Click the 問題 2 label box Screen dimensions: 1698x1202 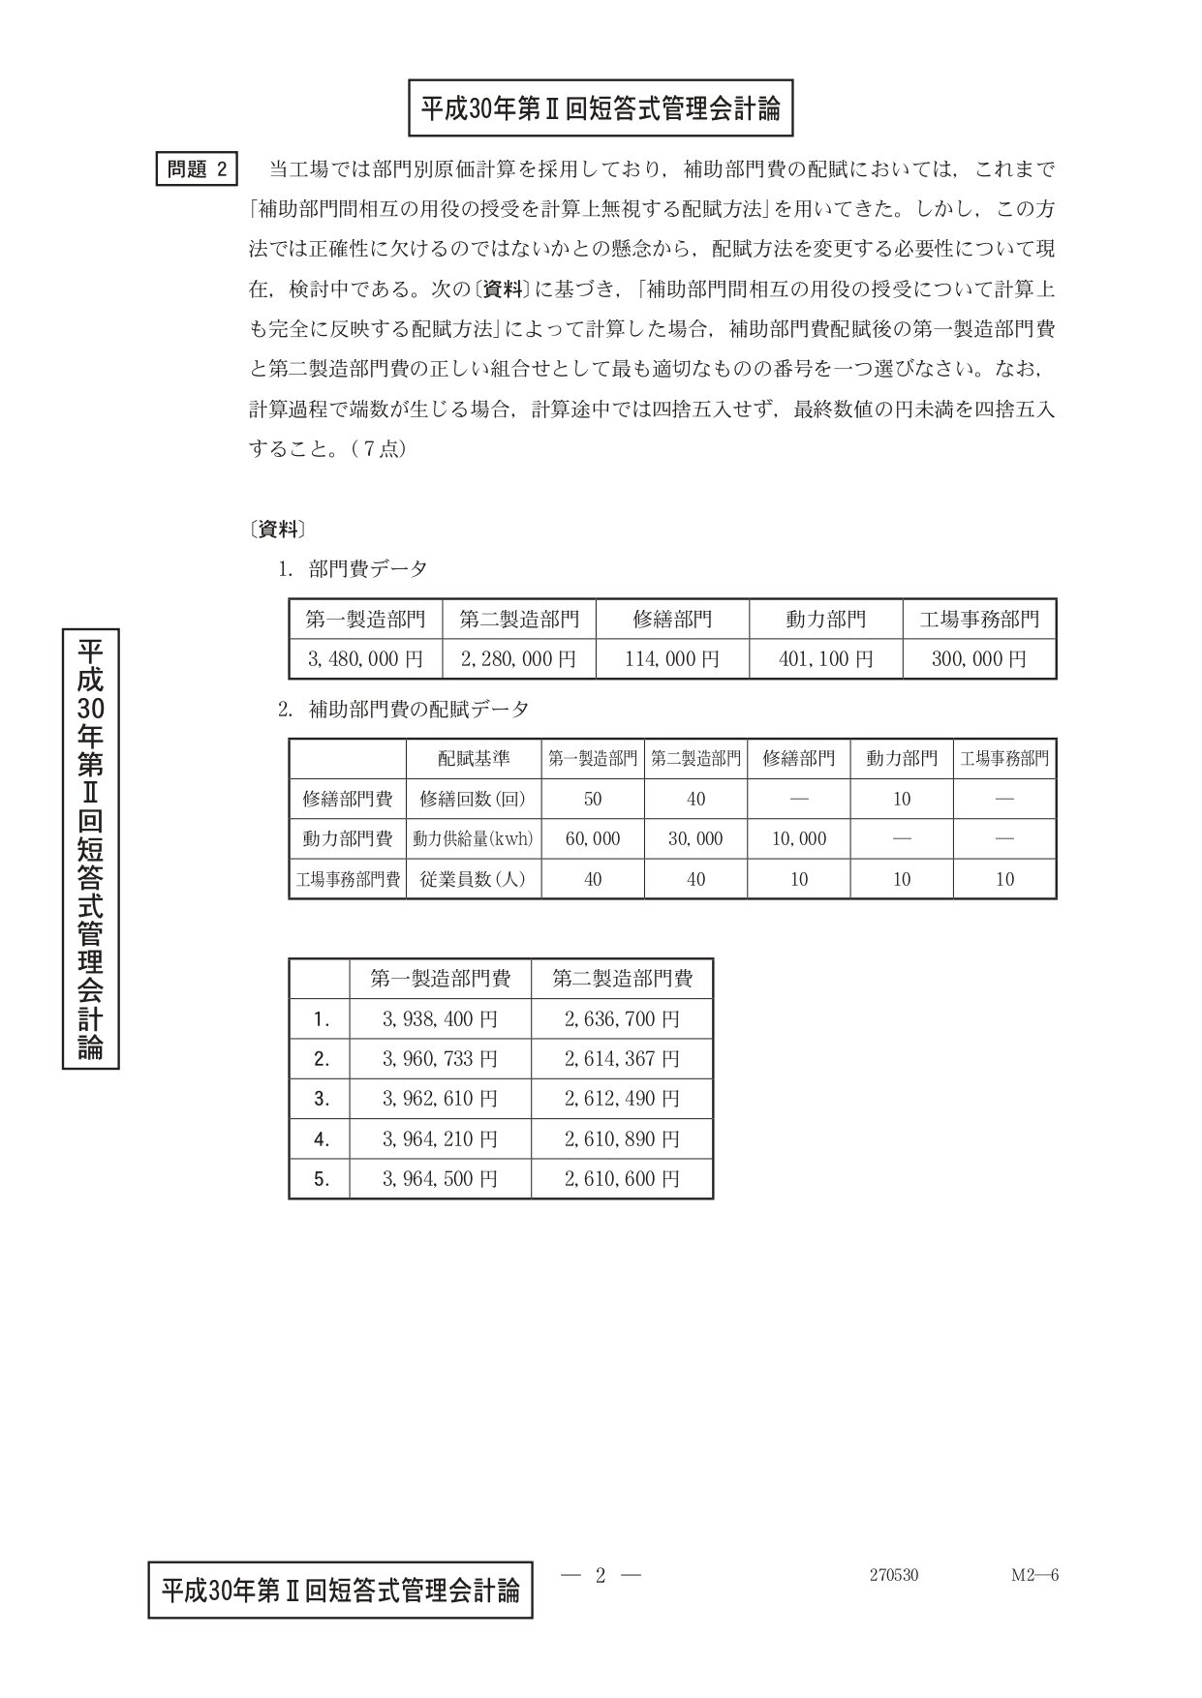point(198,169)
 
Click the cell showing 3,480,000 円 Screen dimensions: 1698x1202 point(365,659)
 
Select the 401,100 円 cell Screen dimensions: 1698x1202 point(825,659)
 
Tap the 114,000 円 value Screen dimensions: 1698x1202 point(672,659)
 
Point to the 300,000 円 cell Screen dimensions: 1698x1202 point(979,659)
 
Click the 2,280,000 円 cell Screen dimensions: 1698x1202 point(518,659)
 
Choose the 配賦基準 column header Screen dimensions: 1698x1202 point(474,758)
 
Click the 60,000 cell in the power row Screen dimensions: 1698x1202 point(593,839)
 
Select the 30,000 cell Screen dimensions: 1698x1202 point(695,839)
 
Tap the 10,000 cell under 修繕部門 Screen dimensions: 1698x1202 point(799,839)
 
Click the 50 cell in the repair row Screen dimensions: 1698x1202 point(593,799)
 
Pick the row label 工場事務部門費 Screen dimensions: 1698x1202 point(348,880)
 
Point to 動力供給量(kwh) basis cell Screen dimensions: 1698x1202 point(474,839)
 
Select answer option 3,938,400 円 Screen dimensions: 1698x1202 point(440,1019)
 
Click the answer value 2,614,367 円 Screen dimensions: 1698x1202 point(622,1059)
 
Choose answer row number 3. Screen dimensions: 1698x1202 point(322,1099)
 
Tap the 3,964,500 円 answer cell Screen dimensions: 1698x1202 point(440,1179)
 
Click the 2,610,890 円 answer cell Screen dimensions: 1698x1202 point(622,1139)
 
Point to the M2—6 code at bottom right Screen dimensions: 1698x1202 point(1034,1575)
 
